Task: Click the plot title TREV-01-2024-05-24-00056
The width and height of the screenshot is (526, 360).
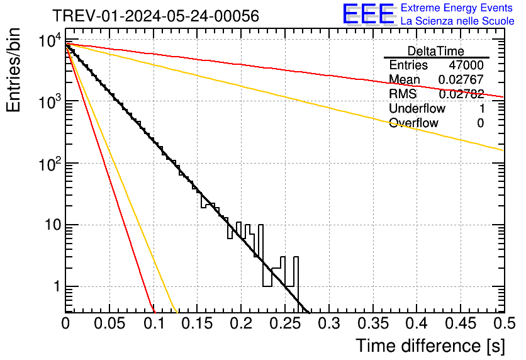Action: pos(155,16)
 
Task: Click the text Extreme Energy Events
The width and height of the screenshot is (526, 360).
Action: pos(457,8)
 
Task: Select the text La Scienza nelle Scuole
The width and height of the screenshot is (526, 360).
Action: pos(457,21)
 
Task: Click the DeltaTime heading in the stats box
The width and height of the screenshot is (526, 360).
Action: pos(436,51)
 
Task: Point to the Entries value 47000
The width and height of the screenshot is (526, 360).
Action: pos(466,65)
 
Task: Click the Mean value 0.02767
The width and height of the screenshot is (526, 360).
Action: pos(461,79)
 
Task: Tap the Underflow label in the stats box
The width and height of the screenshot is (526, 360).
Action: pos(417,109)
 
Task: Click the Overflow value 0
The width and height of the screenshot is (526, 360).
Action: pos(480,123)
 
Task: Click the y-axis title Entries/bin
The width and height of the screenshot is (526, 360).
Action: pos(14,70)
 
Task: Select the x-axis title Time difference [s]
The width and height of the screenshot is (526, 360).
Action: pos(430,346)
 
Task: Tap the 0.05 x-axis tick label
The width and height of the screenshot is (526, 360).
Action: pos(109,324)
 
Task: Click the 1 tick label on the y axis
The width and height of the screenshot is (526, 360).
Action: pos(54,286)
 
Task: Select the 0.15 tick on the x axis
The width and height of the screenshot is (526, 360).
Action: pos(197,324)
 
